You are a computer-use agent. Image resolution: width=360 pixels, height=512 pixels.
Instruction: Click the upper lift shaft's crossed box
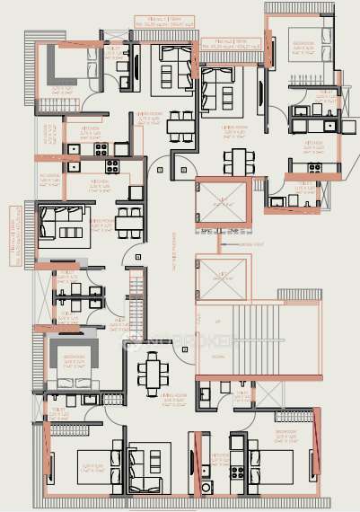point(220,202)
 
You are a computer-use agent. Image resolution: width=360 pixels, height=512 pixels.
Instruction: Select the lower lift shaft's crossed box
point(220,278)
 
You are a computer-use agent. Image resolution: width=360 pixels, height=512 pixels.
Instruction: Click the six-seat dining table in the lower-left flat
point(152,371)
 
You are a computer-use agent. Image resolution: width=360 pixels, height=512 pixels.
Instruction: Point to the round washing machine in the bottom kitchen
point(206,488)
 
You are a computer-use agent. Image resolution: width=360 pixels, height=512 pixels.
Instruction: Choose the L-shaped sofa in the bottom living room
point(148,467)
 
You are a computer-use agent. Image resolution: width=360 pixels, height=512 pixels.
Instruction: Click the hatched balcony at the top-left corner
point(32,49)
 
